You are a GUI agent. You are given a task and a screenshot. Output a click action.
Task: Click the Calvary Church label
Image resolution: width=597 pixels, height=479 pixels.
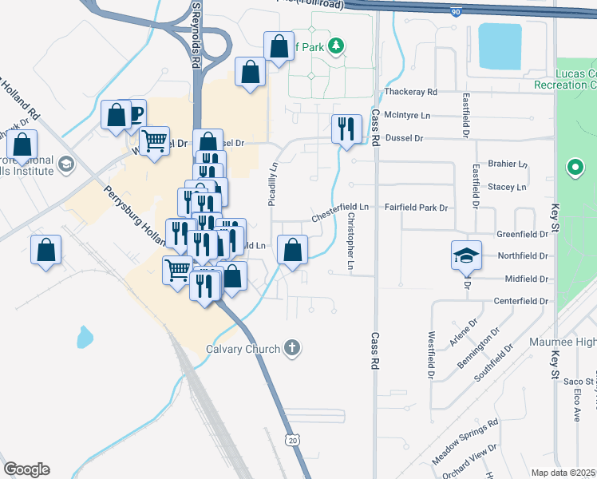pos(243,349)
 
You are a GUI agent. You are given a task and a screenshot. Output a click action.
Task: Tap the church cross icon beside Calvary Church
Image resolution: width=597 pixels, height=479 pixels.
pos(293,348)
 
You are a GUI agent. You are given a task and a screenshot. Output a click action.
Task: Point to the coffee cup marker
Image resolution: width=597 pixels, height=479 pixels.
pos(132,113)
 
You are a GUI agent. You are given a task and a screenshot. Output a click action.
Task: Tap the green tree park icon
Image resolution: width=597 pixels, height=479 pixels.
pos(338,46)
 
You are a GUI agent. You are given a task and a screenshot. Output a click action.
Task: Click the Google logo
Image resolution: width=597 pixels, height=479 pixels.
pos(26,469)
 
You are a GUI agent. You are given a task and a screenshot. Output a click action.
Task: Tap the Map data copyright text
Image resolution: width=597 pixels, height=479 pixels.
pos(563,473)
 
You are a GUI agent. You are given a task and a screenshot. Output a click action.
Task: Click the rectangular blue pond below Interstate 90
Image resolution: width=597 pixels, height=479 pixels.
pos(498,45)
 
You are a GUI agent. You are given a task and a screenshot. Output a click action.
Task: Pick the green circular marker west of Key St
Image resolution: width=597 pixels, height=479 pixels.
pos(573,168)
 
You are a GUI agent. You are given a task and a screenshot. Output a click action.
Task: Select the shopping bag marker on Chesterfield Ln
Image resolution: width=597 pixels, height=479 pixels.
pos(292,249)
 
